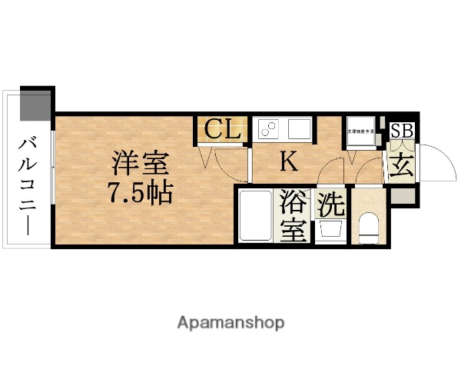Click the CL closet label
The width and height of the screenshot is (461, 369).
tap(222, 129)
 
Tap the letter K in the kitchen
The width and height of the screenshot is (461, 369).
tap(288, 161)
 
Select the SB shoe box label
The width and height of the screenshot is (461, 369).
tap(402, 130)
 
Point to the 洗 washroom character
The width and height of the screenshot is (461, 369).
tap(331, 204)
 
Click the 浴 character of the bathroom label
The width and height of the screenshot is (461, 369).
tap(294, 203)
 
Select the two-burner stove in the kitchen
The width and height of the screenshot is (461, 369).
tap(269, 128)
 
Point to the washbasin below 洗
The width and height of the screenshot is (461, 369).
tap(331, 230)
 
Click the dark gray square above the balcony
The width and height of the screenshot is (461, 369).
tap(35, 104)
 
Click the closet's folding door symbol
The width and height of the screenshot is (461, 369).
tap(206, 158)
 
